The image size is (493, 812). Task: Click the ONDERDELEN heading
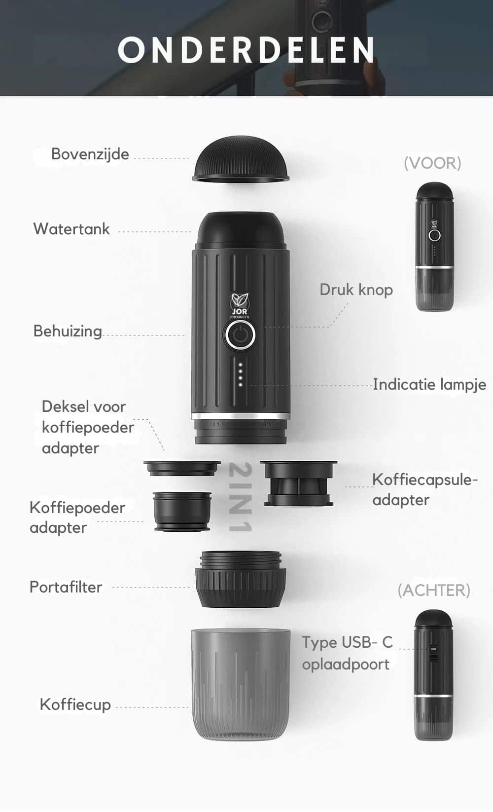pos(246,50)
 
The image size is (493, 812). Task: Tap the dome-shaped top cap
pos(241,159)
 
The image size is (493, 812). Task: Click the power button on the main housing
pos(240,335)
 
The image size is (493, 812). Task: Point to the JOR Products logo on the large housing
pos(240,306)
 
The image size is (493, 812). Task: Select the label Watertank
pos(71,229)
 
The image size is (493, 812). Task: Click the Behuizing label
pos(68,332)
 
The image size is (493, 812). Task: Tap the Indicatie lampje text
pos(429,385)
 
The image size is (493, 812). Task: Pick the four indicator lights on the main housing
pos(241,374)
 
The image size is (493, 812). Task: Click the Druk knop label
pos(356,290)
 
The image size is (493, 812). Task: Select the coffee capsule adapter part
pos(298,483)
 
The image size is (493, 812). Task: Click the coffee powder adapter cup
pos(182,511)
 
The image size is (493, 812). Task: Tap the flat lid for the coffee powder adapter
pos(182,468)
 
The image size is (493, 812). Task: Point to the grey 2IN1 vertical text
pos(241,497)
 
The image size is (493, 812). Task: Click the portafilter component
pos(241,579)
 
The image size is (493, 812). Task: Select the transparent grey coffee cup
pos(241,683)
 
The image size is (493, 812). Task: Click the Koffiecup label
pos(75,704)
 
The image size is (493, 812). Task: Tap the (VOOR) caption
pos(432,163)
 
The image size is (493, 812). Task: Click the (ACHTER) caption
pos(434,590)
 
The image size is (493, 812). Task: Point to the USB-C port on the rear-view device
pos(434,657)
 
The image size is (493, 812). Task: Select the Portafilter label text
pos(66,587)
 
